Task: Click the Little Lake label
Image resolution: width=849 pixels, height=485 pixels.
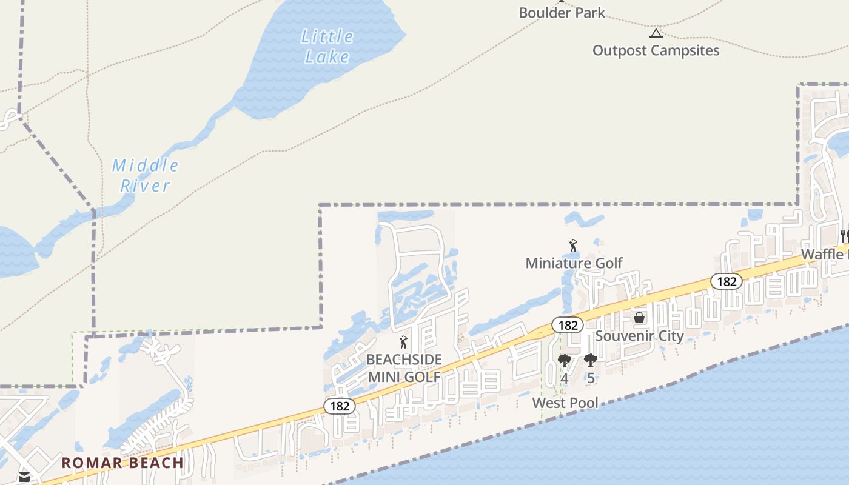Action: pyautogui.click(x=327, y=47)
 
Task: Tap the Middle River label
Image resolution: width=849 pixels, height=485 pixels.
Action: pyautogui.click(x=145, y=175)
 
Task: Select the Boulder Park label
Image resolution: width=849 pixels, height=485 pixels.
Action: pyautogui.click(x=562, y=12)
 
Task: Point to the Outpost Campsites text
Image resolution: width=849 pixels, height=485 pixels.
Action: pyautogui.click(x=656, y=50)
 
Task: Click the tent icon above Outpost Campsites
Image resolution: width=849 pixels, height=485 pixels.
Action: pyautogui.click(x=656, y=33)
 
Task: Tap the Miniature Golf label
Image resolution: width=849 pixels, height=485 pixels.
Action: pyautogui.click(x=574, y=263)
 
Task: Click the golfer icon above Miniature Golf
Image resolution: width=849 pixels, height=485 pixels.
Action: pyautogui.click(x=572, y=246)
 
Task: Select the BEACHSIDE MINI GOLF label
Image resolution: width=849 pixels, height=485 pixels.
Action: pyautogui.click(x=404, y=368)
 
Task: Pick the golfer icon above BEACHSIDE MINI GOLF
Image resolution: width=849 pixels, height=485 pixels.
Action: pyautogui.click(x=403, y=342)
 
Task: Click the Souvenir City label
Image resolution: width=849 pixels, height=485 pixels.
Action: pyautogui.click(x=639, y=335)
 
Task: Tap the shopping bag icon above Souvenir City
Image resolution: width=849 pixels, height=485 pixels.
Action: pyautogui.click(x=639, y=318)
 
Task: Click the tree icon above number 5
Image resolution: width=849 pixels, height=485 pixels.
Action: pyautogui.click(x=591, y=361)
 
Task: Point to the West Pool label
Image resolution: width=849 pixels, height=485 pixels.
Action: pyautogui.click(x=565, y=403)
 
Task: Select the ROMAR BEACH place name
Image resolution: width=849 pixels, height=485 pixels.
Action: pyautogui.click(x=122, y=463)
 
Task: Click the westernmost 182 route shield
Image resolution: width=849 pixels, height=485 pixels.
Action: pyautogui.click(x=340, y=406)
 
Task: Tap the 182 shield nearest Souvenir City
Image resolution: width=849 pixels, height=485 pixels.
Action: pyautogui.click(x=568, y=325)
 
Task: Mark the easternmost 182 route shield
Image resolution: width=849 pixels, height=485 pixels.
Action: pyautogui.click(x=726, y=281)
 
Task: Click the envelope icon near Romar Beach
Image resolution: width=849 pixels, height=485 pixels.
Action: pyautogui.click(x=24, y=477)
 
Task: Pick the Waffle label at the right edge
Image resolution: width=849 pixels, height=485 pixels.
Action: pyautogui.click(x=824, y=254)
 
